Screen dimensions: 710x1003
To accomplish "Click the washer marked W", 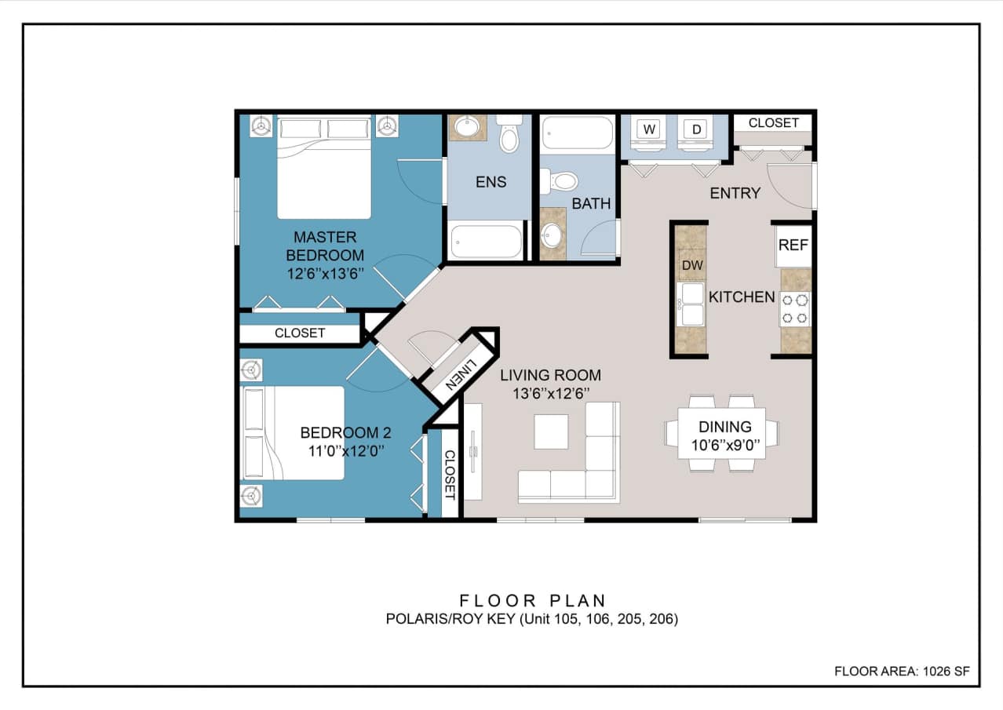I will [x=648, y=129].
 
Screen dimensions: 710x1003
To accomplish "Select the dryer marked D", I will [x=696, y=129].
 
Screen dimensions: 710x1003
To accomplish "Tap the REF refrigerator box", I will [x=793, y=245].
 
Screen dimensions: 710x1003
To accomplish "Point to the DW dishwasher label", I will [x=692, y=265].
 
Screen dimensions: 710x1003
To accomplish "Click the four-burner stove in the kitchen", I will [x=795, y=308].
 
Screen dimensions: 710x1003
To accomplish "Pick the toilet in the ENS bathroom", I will [x=510, y=135].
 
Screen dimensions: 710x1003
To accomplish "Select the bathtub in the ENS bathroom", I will [x=485, y=241].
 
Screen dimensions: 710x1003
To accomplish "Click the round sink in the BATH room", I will [x=553, y=233].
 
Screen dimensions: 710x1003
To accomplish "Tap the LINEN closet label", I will [x=460, y=375].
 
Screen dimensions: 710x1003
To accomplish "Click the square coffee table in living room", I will [x=551, y=431].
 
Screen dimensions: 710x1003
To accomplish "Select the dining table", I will [x=722, y=433].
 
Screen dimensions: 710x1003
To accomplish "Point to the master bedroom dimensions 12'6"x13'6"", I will [x=325, y=274].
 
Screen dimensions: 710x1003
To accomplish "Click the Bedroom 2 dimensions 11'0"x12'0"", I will [x=345, y=451].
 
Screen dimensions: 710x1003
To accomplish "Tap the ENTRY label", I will [x=735, y=193].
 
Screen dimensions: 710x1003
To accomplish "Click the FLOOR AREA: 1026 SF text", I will [x=902, y=672].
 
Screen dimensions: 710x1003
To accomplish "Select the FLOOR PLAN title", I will [x=533, y=601].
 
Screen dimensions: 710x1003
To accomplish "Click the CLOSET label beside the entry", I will [x=773, y=123].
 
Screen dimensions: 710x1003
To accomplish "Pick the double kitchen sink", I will [x=691, y=304].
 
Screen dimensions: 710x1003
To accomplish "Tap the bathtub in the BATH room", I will [x=578, y=133].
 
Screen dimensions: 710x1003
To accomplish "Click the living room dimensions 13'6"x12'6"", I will [x=550, y=394].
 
